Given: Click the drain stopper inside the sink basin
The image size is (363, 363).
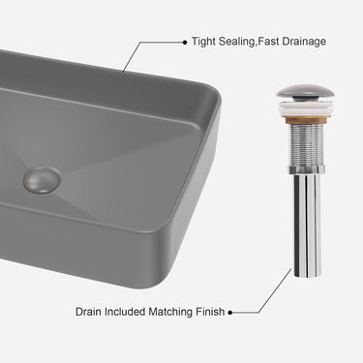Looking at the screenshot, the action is [42, 180].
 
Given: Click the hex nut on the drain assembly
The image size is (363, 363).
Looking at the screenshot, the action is [305, 169].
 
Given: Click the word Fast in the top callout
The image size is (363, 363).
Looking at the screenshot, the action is [269, 42].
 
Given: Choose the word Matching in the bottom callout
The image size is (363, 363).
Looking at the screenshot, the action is [170, 313].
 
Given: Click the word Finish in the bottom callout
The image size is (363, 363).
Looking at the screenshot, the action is [210, 312].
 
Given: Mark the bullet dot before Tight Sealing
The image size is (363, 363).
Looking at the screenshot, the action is [185, 42].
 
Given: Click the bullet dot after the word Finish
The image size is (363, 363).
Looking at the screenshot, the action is [230, 313].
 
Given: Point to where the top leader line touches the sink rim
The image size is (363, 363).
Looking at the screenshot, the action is [123, 72].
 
